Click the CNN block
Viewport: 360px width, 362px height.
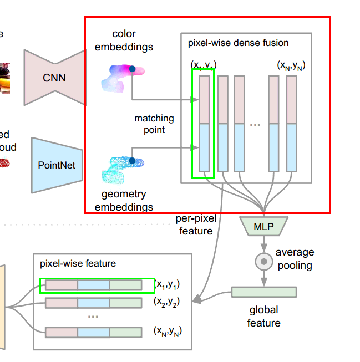[x=54, y=78]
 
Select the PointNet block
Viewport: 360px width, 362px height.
[x=56, y=165]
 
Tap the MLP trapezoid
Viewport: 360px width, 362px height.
[x=263, y=226]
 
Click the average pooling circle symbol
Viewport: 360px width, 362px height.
[x=263, y=261]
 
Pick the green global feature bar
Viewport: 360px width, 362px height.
[x=263, y=292]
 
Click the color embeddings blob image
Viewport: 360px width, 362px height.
[x=122, y=78]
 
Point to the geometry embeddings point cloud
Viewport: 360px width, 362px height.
[x=122, y=169]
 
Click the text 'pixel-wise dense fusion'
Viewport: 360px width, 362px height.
[x=238, y=43]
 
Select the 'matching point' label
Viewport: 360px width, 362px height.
[x=154, y=124]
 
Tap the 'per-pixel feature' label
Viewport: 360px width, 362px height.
[x=196, y=225]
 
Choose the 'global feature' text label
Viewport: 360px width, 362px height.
[x=263, y=316]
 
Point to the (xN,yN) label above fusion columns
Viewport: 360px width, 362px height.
[x=291, y=65]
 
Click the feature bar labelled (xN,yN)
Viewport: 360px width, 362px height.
[x=93, y=332]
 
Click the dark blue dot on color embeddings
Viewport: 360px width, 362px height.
[x=133, y=69]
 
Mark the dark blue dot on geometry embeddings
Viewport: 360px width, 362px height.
[x=132, y=161]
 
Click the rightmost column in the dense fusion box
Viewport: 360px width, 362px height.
[x=291, y=123]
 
